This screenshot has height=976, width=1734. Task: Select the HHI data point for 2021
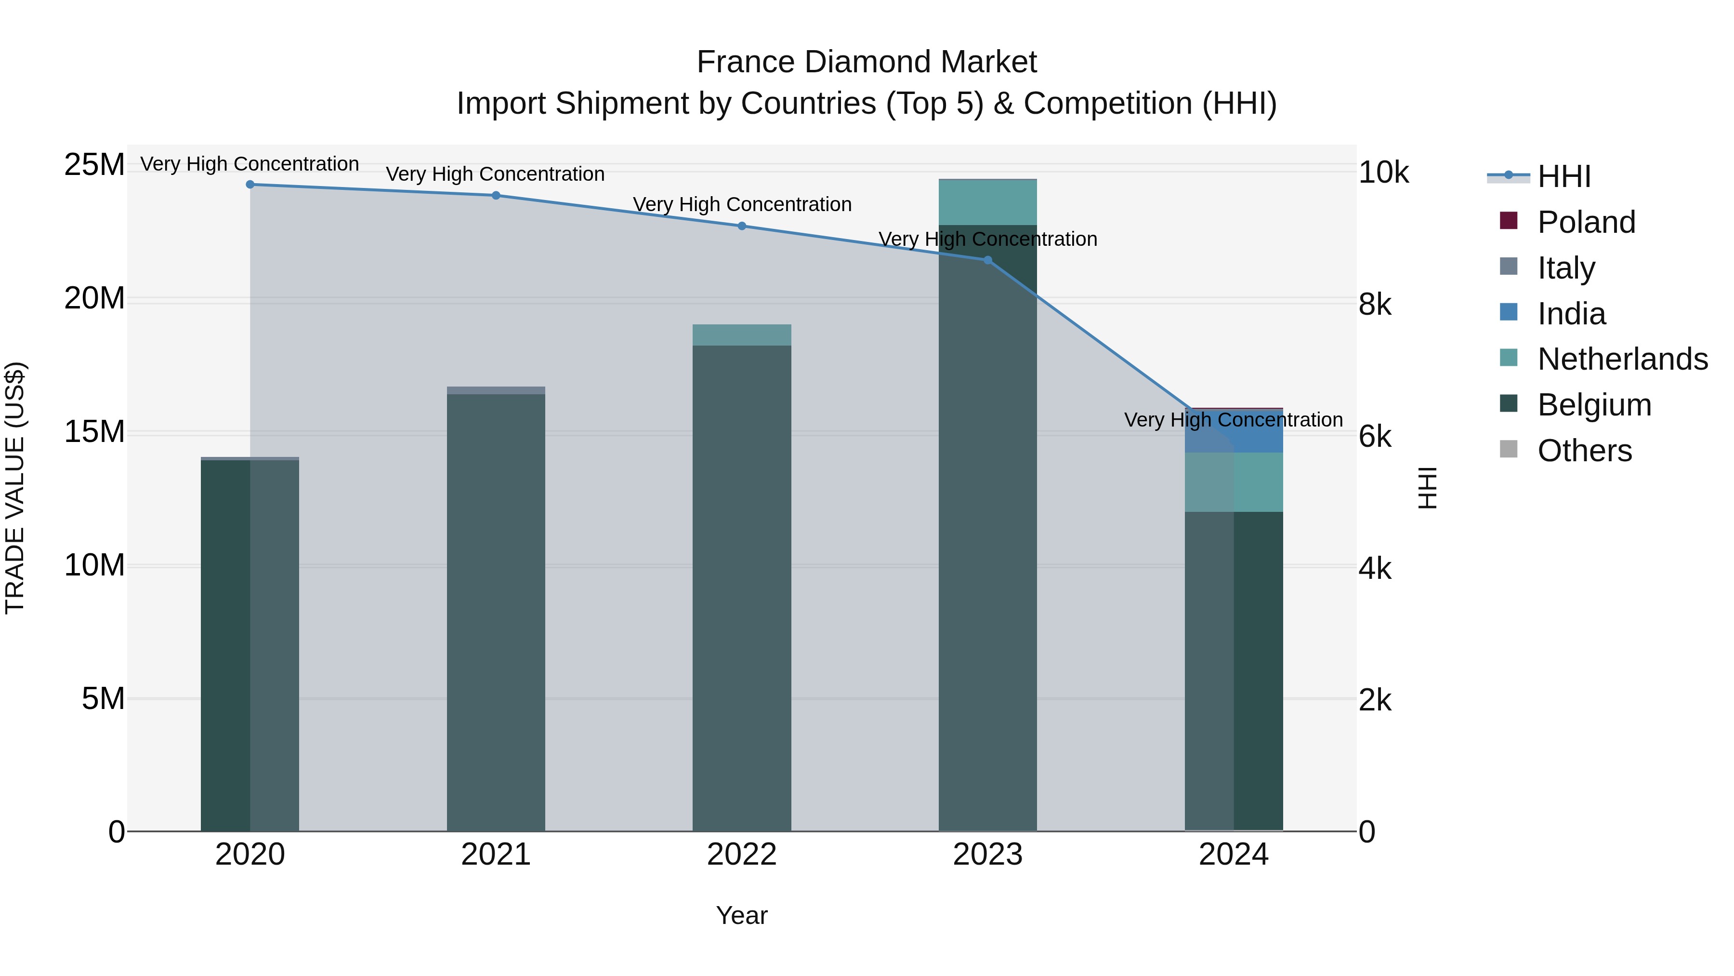coord(496,195)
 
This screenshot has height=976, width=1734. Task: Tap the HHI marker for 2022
coord(742,226)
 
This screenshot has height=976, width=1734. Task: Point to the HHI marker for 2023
coord(987,260)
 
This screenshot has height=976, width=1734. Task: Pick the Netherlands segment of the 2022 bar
coord(742,335)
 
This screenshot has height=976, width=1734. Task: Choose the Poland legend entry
coord(1586,222)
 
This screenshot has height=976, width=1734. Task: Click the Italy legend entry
coord(1566,268)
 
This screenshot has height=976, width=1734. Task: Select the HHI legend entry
coord(1563,176)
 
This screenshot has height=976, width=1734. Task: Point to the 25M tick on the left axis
coord(94,164)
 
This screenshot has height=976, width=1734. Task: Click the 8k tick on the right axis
coord(1375,305)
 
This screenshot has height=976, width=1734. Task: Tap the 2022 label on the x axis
coord(742,855)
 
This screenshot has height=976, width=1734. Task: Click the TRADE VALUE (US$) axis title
coord(15,488)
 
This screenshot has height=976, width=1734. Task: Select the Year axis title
coord(742,915)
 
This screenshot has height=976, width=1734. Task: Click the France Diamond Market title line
coord(867,62)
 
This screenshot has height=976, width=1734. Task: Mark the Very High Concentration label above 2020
coord(250,164)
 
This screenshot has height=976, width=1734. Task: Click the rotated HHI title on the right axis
coord(1427,488)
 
